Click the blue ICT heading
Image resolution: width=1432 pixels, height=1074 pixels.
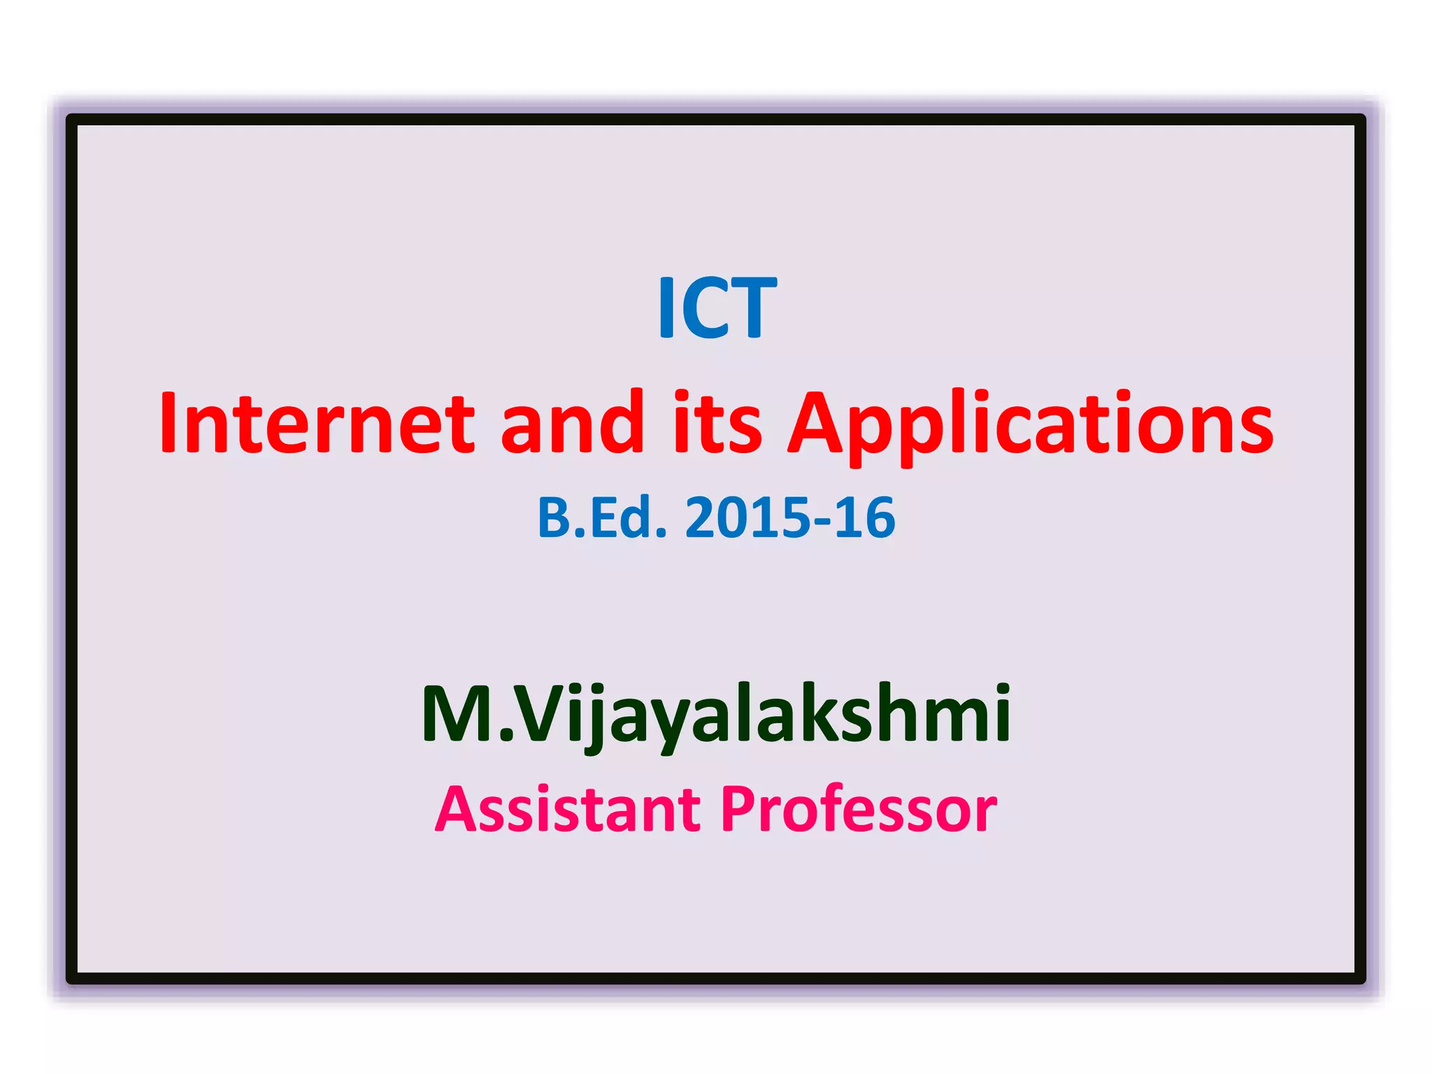(x=717, y=308)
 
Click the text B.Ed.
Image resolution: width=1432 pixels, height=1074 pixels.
(x=601, y=518)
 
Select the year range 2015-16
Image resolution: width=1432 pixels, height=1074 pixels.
(x=790, y=518)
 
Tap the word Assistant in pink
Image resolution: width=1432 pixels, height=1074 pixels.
(x=567, y=810)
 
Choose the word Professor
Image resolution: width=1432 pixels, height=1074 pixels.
(x=859, y=810)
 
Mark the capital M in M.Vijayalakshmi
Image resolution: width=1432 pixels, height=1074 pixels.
(x=458, y=713)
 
